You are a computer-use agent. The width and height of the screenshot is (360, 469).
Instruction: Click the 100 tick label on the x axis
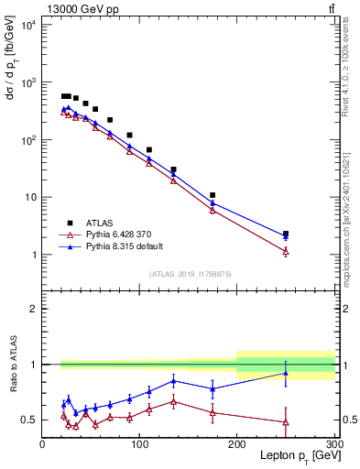point(139,444)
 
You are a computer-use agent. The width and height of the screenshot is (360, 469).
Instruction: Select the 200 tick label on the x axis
point(236,444)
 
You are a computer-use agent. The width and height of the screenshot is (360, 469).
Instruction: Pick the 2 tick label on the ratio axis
point(34,309)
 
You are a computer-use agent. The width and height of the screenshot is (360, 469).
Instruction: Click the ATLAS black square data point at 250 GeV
point(286,234)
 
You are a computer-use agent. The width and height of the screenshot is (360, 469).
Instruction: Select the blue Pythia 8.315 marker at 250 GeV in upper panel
point(286,236)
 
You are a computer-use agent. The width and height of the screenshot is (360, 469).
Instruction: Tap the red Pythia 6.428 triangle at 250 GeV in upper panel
point(286,251)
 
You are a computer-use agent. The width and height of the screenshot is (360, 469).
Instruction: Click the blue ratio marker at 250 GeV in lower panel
point(286,373)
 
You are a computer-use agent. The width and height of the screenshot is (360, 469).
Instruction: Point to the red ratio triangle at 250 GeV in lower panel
point(286,422)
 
